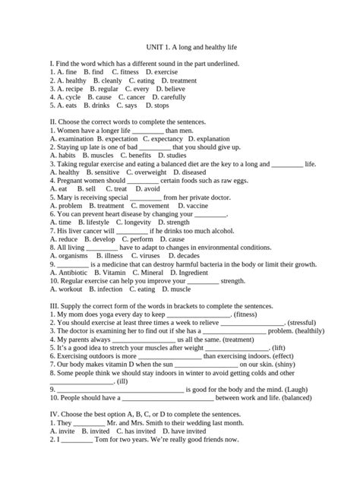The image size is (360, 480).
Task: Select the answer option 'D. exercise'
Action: (x=161, y=71)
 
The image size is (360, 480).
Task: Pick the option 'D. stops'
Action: (x=155, y=106)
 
